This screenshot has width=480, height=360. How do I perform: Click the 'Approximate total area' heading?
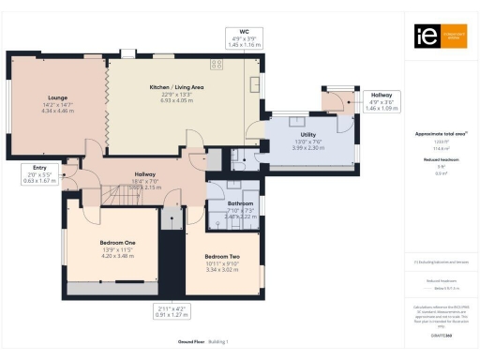(441, 134)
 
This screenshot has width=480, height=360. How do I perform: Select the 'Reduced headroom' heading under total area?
(441, 160)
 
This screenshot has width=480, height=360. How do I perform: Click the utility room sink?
(298, 121)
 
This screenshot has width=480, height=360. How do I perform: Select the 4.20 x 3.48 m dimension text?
(118, 256)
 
